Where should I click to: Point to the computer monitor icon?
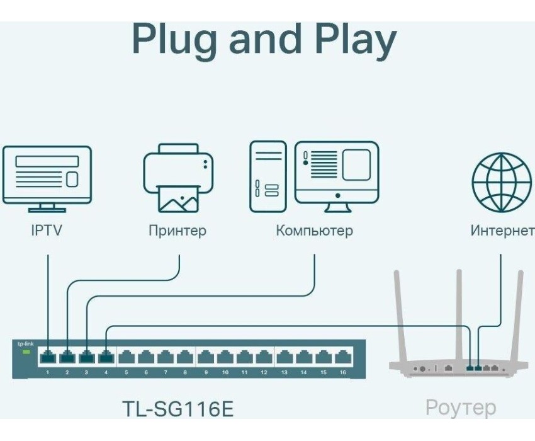click(x=337, y=172)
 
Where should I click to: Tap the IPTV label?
click(x=47, y=231)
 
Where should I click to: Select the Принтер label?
click(x=177, y=231)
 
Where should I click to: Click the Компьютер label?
click(x=314, y=231)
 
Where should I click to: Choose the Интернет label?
click(x=502, y=231)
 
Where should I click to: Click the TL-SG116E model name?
click(x=178, y=408)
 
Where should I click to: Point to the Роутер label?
click(x=460, y=407)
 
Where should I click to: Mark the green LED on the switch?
click(x=26, y=351)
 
